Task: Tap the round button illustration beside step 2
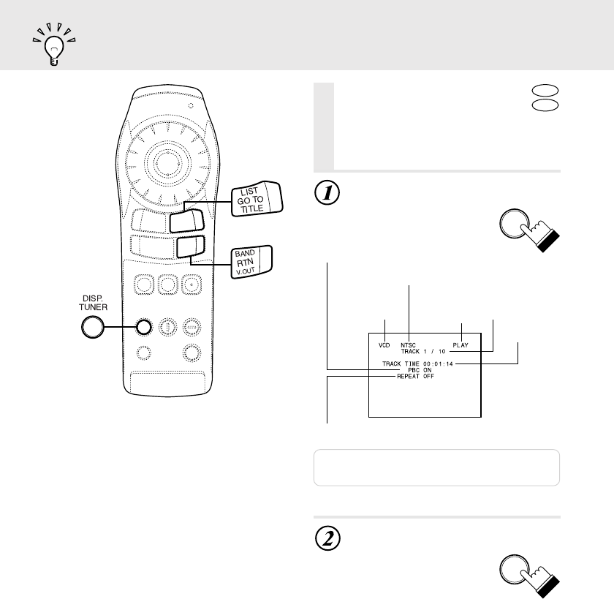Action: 518,572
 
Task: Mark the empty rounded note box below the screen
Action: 436,467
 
